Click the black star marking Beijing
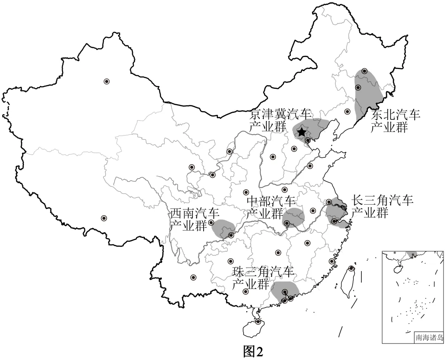click(302, 132)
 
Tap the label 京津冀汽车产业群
click(281, 120)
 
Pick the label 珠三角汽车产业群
click(263, 278)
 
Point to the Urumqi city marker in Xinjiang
click(107, 81)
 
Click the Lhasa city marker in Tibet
click(104, 218)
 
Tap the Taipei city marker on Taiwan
click(351, 268)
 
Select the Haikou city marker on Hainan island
click(258, 322)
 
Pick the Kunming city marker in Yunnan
click(193, 277)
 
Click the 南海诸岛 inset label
click(429, 338)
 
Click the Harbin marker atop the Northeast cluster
click(364, 71)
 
